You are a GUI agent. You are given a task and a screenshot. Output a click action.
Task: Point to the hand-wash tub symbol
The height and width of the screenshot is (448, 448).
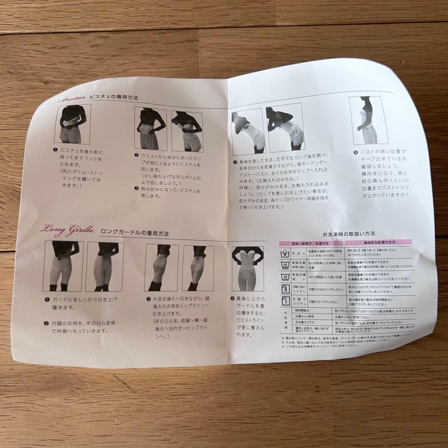coord(285,253)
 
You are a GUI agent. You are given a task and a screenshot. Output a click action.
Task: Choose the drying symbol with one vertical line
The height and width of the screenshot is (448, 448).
coord(286,299)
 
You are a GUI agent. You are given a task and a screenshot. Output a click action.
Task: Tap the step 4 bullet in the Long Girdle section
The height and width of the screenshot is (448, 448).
coord(233,298)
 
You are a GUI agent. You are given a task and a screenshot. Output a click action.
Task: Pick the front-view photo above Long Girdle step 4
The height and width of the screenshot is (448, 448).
coord(248,268)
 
